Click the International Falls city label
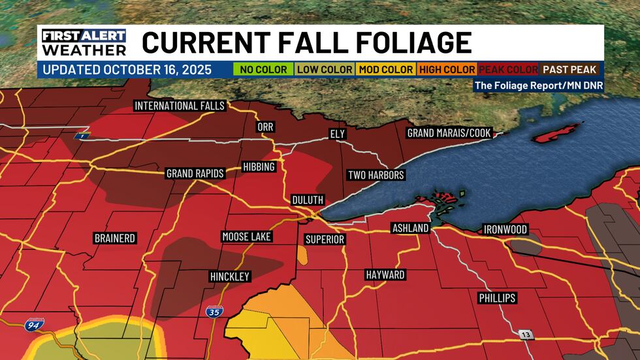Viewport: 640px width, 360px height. click(180, 106)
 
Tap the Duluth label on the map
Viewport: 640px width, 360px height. click(308, 200)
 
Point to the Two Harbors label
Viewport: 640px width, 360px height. click(376, 175)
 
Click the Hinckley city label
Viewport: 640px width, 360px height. click(230, 277)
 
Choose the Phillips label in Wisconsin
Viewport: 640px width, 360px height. click(496, 298)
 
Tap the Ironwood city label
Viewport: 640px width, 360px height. click(505, 229)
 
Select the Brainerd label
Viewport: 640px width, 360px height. click(114, 238)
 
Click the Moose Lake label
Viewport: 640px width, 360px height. click(246, 237)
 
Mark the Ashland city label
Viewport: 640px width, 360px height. click(410, 228)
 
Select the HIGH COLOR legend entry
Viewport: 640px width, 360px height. click(447, 69)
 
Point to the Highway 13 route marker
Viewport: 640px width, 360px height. click(526, 335)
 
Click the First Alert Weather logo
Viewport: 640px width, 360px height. click(84, 42)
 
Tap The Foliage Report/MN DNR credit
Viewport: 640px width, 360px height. click(538, 85)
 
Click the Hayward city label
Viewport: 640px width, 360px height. click(385, 275)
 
